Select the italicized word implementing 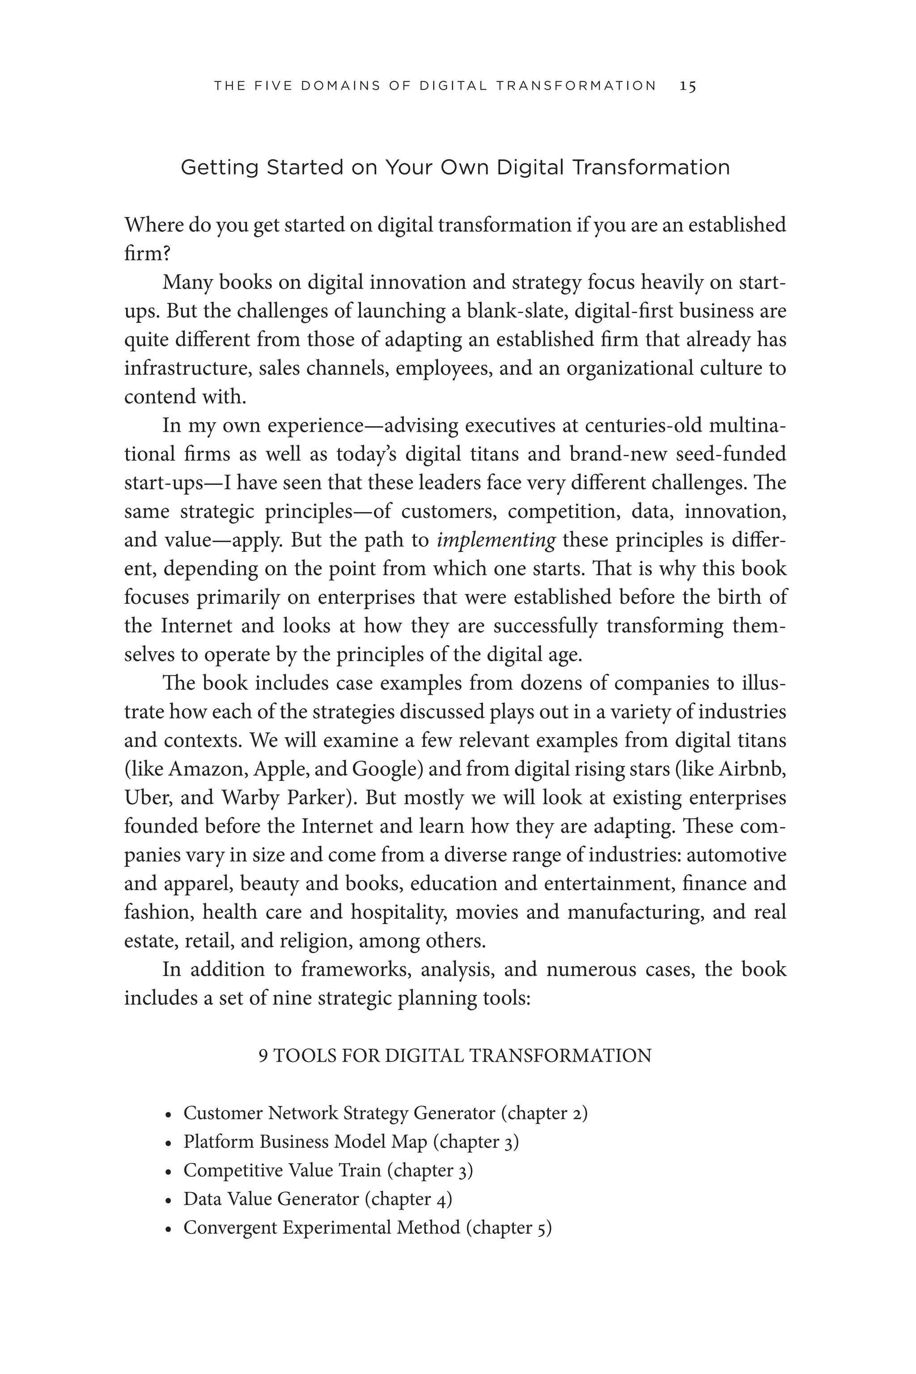point(496,540)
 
